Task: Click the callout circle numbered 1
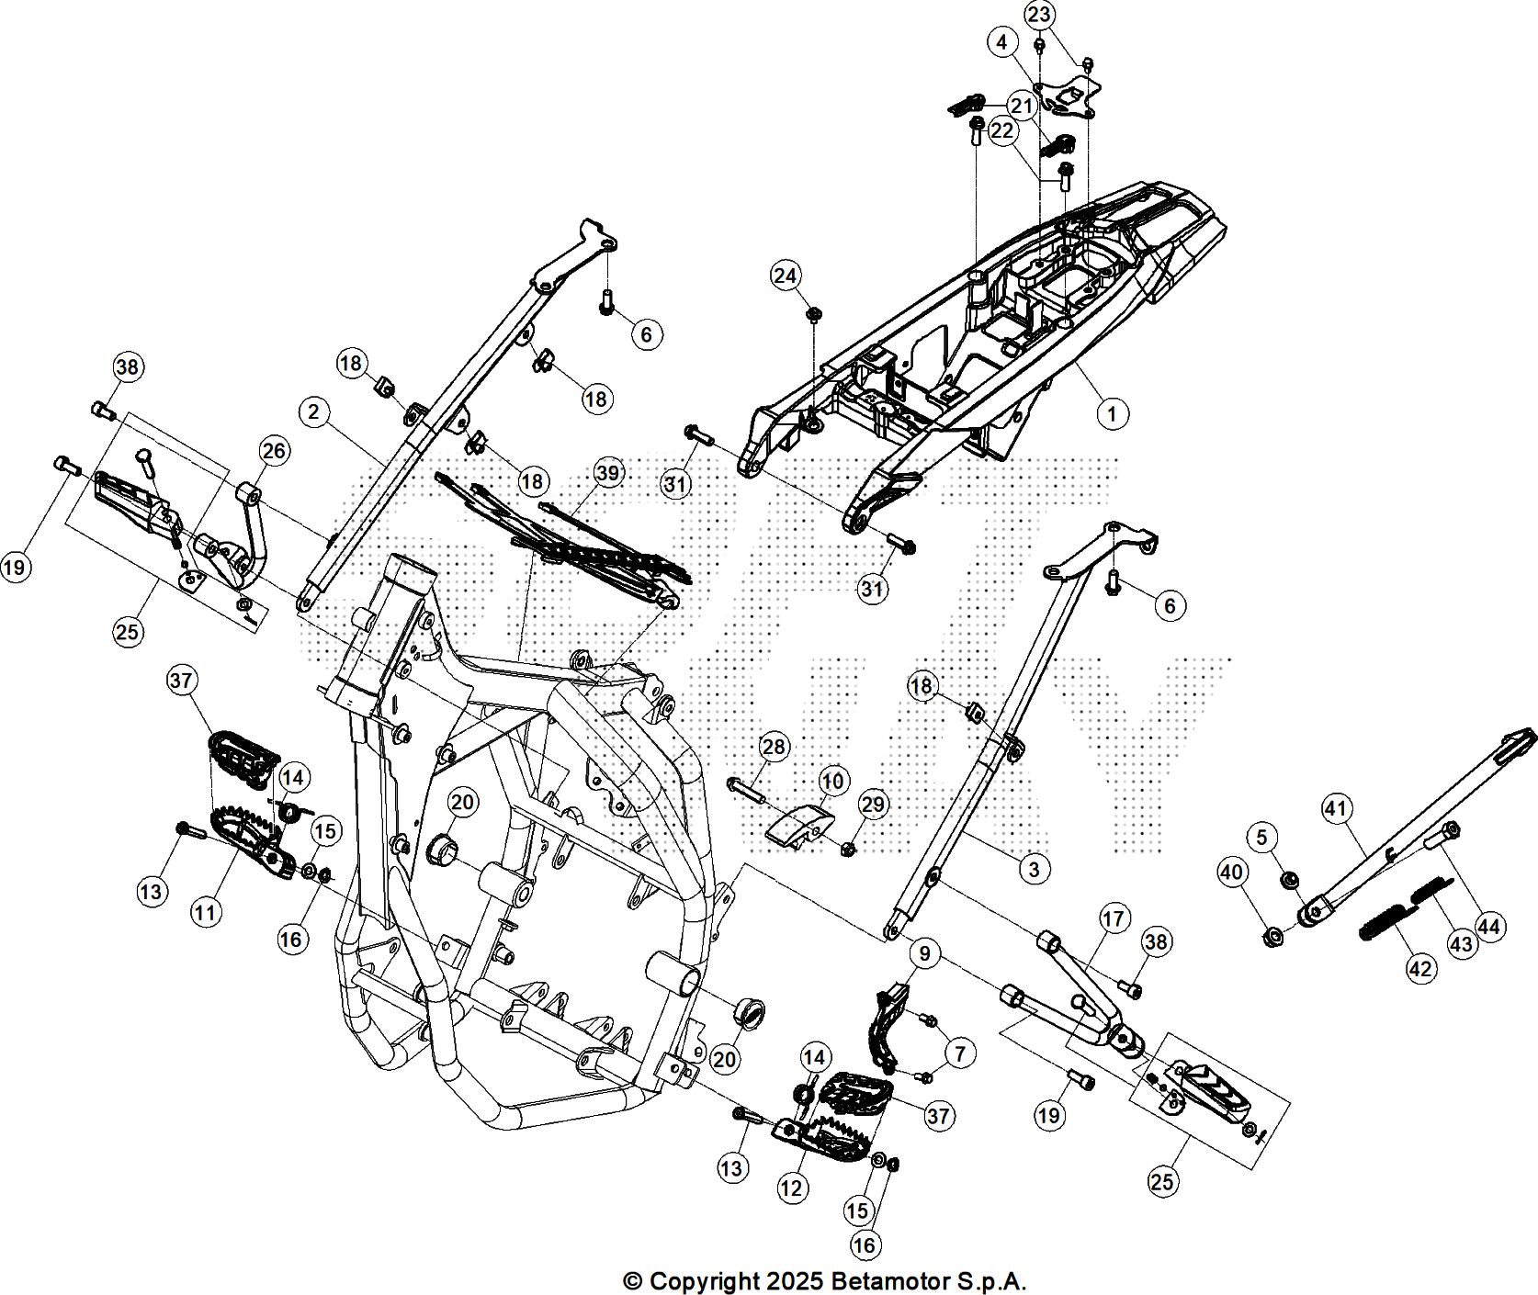pos(1113,413)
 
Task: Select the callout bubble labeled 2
pos(314,412)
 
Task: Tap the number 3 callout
pos(1034,868)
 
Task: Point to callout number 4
pos(1002,41)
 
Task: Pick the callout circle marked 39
pos(608,473)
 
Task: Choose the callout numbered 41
pos(1337,809)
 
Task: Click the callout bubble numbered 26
pos(275,450)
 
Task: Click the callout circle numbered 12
pos(792,1188)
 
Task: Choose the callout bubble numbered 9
pos(924,953)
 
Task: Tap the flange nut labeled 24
pos(814,315)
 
